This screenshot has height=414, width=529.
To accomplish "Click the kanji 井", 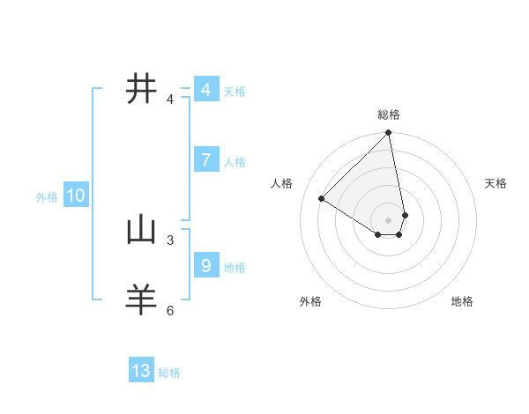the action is point(142,90).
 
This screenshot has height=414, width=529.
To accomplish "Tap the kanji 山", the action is point(142,230).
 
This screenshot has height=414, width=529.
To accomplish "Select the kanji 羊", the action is point(142,299).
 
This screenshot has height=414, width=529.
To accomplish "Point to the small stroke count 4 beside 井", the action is point(170,100).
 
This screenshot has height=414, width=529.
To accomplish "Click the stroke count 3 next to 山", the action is point(170,240).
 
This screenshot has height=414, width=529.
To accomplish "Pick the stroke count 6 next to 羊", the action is point(170,310).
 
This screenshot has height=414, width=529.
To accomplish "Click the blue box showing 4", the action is point(205,90).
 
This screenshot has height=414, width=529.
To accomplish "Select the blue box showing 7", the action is point(205,160).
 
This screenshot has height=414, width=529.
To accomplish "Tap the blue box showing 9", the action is point(205,265).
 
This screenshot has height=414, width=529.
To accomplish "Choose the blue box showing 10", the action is point(75,196).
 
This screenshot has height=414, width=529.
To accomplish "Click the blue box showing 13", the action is point(141,371).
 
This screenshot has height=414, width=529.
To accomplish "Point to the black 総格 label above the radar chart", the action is point(389,115).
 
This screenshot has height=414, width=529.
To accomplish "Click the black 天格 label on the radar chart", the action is point(495,183).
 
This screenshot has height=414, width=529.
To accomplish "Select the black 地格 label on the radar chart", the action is point(462,301).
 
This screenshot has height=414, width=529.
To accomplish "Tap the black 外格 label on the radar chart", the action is point(310,301).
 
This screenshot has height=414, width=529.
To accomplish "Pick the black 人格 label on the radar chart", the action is point(282,183).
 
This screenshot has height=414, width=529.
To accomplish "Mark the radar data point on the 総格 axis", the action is point(389,133).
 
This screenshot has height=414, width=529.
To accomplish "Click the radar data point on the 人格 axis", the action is point(322,198).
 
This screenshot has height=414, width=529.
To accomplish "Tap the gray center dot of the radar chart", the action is point(389,219).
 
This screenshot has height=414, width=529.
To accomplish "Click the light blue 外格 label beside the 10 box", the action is point(47,197).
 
